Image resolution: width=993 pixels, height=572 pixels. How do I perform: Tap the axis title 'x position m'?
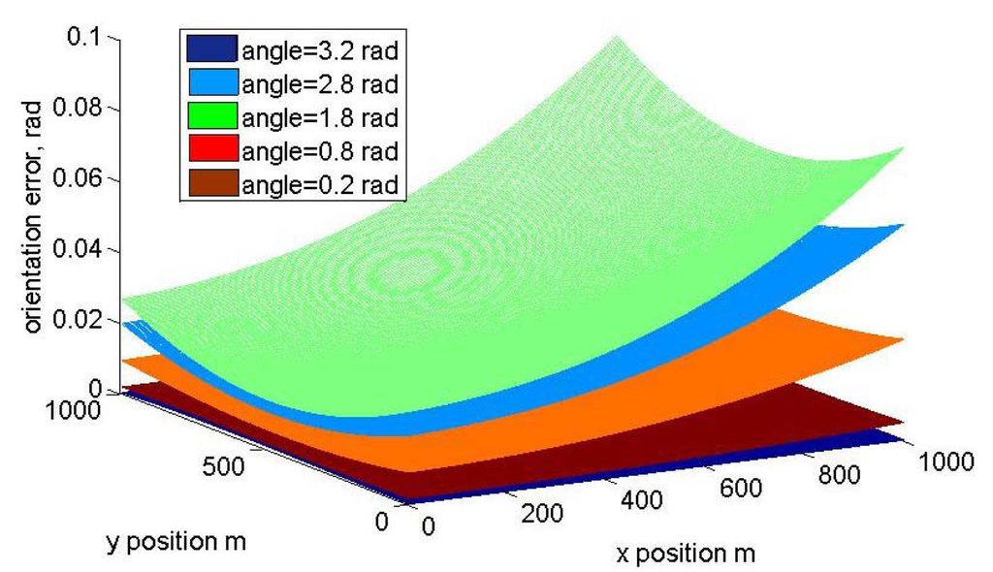coord(685,555)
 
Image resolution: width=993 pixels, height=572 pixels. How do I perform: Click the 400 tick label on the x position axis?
coord(641,500)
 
